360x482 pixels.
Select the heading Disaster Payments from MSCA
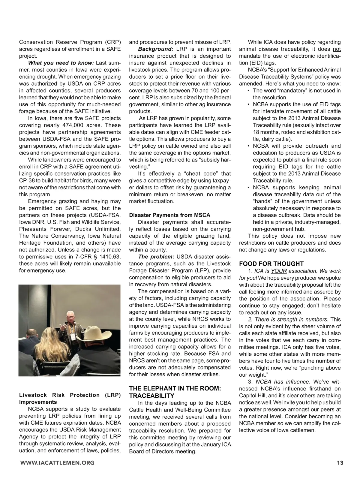click(169, 215)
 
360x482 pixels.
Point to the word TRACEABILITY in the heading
click(151, 396)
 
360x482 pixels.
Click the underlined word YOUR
click(279, 271)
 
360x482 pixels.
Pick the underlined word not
click(337, 49)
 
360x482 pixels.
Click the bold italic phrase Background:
click(155, 49)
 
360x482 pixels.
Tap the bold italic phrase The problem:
click(156, 257)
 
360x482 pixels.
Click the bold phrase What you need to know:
click(61, 63)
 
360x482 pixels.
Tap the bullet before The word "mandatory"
click(248, 91)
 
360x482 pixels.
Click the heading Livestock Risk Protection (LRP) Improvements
click(70, 399)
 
